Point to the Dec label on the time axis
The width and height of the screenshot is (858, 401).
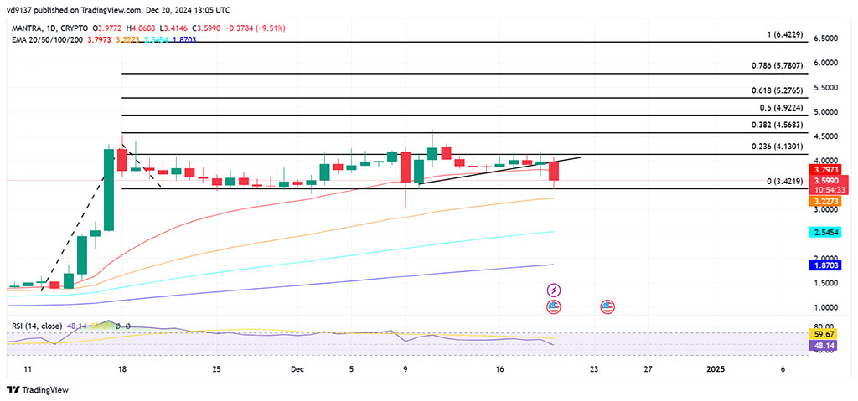[x=297, y=368]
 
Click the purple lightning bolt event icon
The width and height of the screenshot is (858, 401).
[x=554, y=290]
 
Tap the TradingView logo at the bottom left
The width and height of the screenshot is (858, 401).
[x=39, y=389]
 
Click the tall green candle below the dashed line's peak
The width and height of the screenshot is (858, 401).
[x=109, y=188]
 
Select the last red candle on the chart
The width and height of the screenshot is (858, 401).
[x=554, y=170]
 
